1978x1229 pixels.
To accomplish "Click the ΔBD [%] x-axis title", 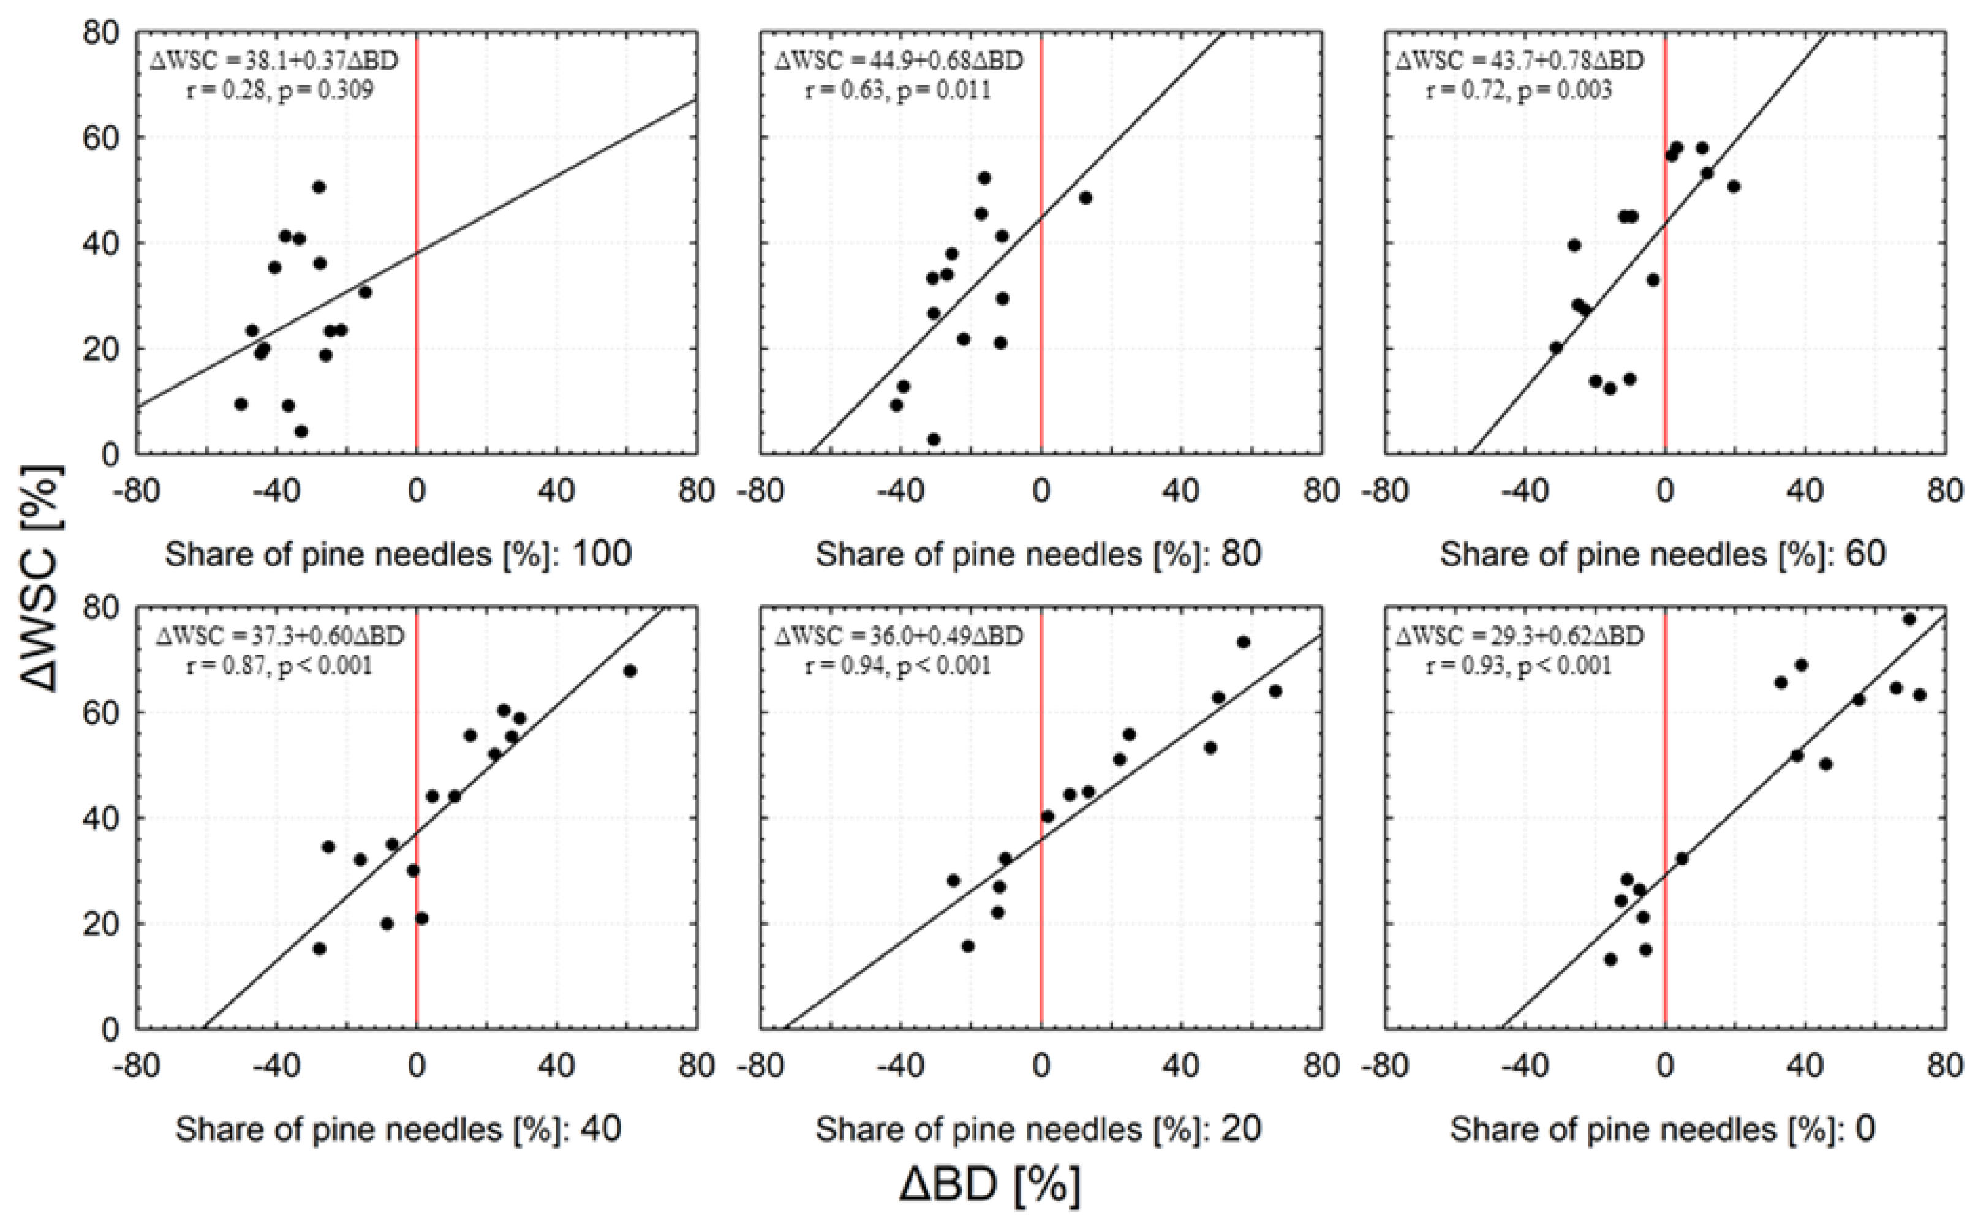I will (989, 1185).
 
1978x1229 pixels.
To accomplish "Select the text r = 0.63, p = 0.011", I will (897, 89).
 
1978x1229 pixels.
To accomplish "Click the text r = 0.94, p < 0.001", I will (897, 666).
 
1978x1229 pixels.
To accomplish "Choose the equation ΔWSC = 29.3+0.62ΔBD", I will (1519, 636).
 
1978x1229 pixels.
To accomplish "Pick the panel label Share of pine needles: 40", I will (398, 1130).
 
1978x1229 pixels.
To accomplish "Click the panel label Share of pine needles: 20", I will (1038, 1130).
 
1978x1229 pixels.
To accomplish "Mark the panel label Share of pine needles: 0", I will (1663, 1130).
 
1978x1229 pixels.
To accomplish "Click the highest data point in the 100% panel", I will (319, 187).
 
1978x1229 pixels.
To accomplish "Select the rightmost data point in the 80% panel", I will (1085, 198).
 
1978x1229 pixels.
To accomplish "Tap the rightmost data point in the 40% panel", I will (630, 671).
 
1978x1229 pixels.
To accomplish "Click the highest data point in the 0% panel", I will (1910, 619).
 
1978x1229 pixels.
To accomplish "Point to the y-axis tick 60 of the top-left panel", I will (99, 137).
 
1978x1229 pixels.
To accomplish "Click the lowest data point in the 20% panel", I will (967, 946).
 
